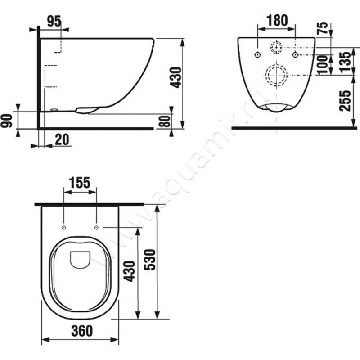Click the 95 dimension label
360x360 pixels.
point(54,22)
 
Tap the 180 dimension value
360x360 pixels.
point(277,20)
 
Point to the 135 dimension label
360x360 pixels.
point(346,62)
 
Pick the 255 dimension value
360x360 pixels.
point(346,101)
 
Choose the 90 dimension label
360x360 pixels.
point(6,121)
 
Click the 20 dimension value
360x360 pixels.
point(62,139)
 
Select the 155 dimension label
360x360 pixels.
point(80,183)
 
